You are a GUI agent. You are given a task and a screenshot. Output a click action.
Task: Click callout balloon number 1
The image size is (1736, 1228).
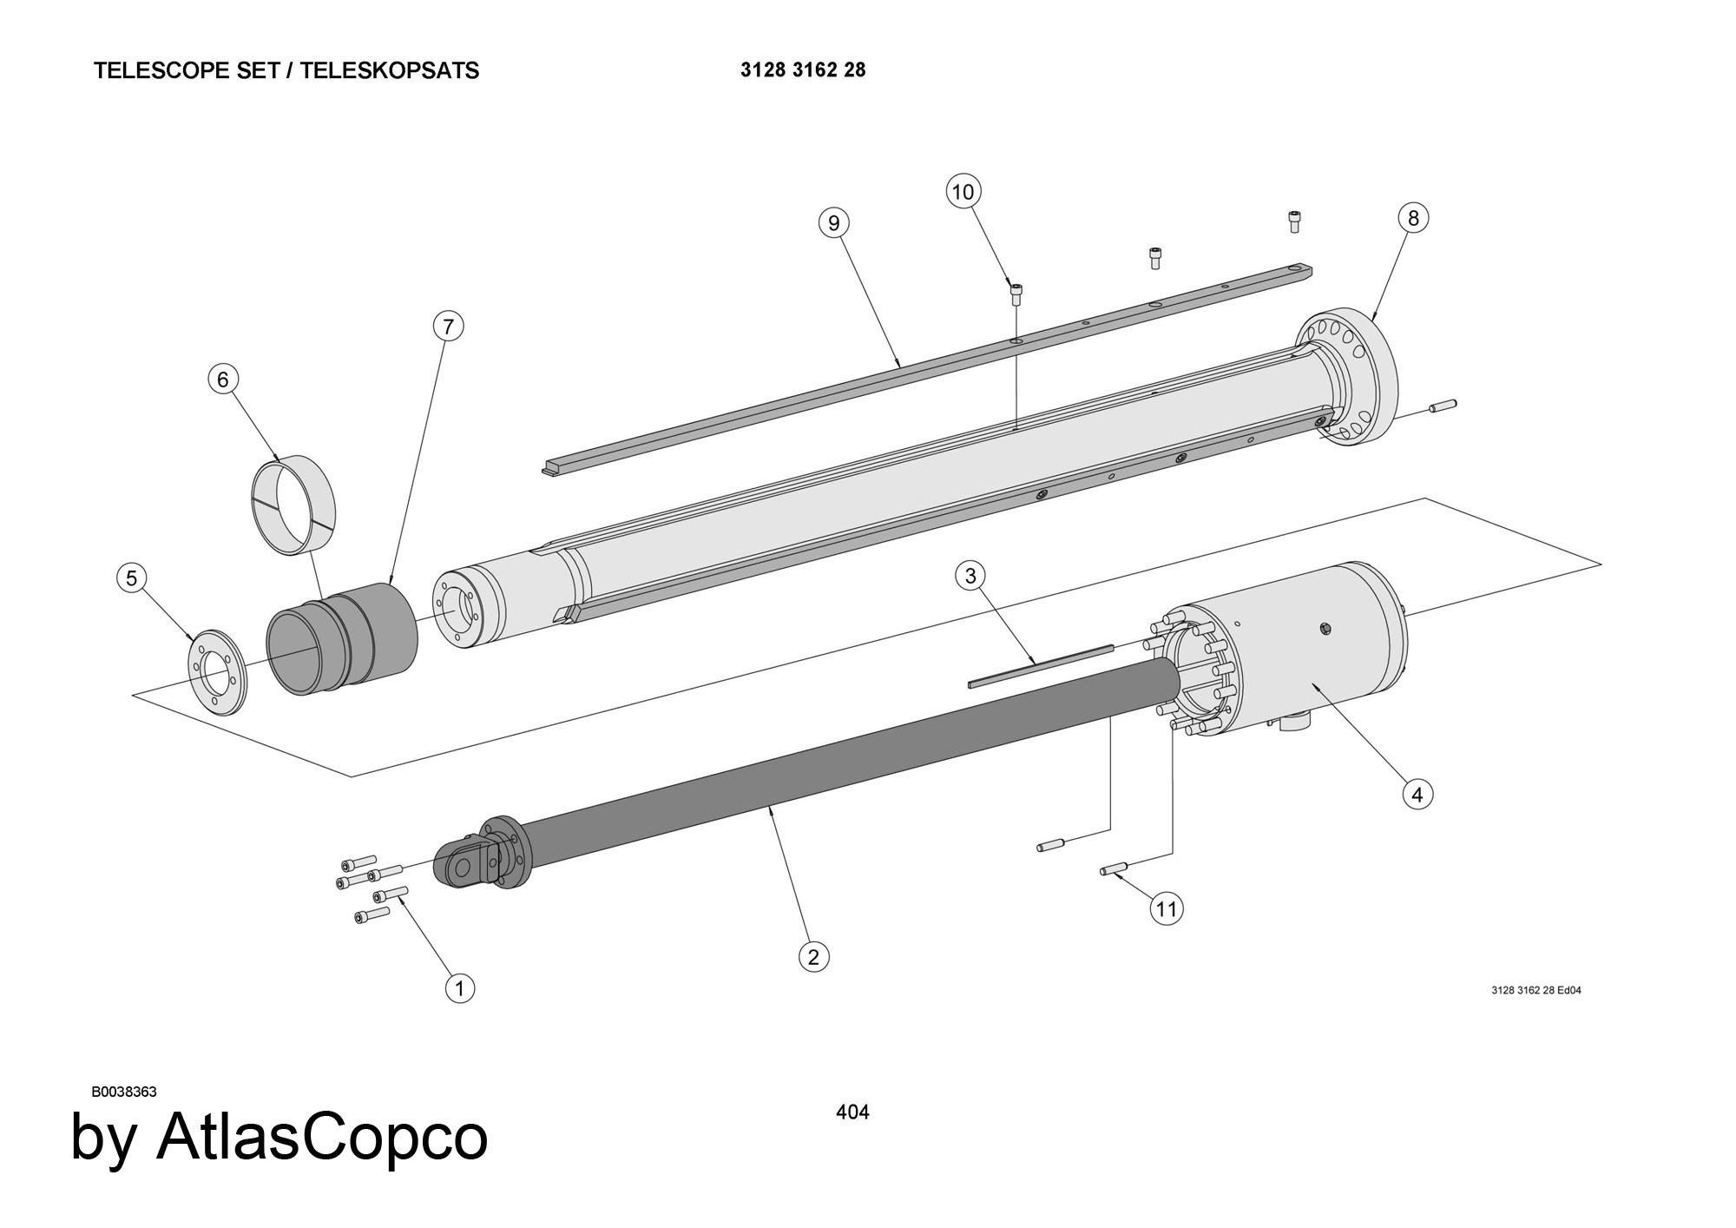(460, 987)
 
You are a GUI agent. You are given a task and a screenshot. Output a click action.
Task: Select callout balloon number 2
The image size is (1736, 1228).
(813, 957)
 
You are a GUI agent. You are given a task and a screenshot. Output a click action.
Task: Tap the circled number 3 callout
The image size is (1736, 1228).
(970, 575)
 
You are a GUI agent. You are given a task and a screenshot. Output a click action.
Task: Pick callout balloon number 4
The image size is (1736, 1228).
(1417, 794)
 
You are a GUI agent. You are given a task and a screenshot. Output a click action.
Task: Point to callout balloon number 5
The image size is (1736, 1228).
(131, 578)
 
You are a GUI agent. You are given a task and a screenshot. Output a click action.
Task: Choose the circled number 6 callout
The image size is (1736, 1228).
(223, 380)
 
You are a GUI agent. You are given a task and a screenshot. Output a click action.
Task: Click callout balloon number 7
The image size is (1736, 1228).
(448, 327)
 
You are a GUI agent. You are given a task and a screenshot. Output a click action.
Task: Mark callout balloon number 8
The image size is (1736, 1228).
(1413, 218)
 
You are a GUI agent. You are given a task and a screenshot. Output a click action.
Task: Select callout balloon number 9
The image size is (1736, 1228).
(834, 223)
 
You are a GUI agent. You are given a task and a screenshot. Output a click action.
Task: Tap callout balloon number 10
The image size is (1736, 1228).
(963, 191)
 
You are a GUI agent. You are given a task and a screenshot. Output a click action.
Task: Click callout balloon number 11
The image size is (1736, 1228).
(1166, 908)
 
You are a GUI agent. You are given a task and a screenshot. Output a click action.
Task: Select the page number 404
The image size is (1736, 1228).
(852, 1112)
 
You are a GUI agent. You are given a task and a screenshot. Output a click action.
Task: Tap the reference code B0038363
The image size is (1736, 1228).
(123, 1092)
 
